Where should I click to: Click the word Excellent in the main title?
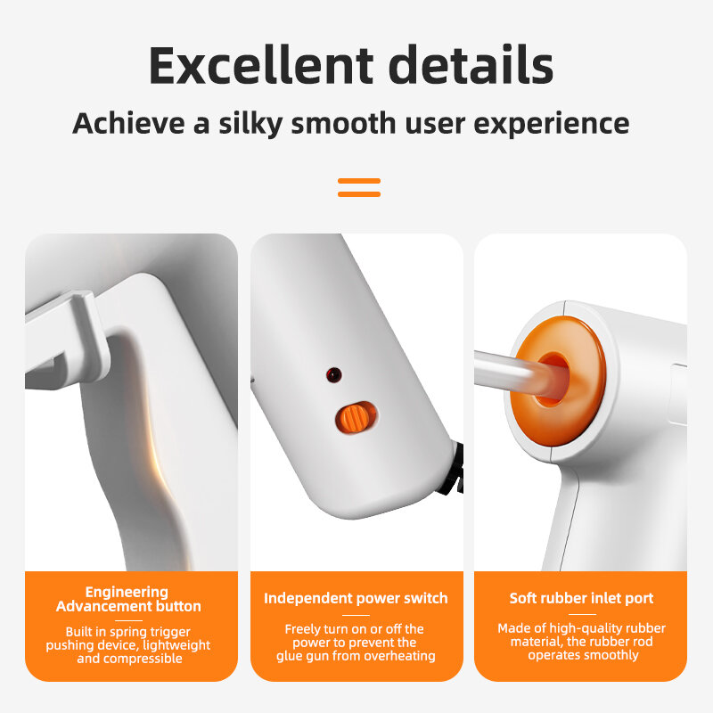click(x=261, y=64)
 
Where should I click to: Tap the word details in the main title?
click(x=471, y=64)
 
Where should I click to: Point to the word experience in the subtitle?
click(x=552, y=124)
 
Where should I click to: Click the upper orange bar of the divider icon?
click(x=359, y=181)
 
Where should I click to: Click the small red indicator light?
click(x=333, y=374)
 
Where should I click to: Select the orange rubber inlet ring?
click(x=561, y=381)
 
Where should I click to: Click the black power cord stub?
click(x=456, y=470)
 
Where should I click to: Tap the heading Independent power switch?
click(x=356, y=598)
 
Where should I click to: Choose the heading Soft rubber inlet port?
click(x=581, y=598)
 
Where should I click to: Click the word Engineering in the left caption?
click(x=127, y=592)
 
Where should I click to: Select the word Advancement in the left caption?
click(x=103, y=606)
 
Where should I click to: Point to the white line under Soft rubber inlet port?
click(x=582, y=614)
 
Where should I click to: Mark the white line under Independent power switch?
click(x=356, y=615)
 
